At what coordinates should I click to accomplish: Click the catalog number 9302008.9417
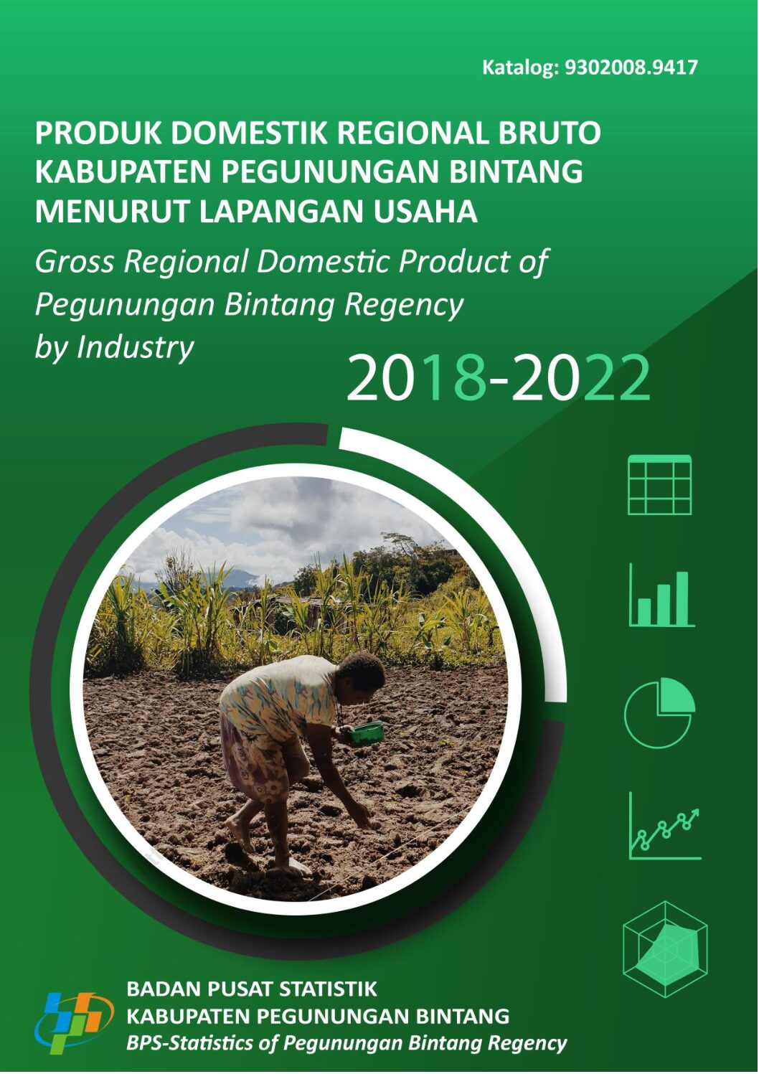click(631, 67)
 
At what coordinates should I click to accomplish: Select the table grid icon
click(659, 485)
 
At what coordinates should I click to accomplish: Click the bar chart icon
click(661, 595)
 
